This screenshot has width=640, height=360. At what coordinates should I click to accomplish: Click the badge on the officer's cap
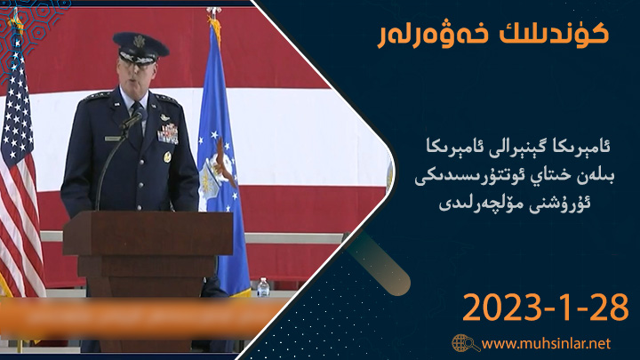click(140, 42)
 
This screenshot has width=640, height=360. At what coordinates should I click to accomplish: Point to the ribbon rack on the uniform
click(168, 134)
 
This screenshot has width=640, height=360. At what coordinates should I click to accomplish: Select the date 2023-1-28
click(545, 308)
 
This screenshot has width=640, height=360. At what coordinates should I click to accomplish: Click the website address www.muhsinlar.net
click(546, 343)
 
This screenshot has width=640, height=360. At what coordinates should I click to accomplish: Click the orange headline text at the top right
click(493, 35)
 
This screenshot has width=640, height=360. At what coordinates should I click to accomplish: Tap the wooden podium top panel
click(148, 234)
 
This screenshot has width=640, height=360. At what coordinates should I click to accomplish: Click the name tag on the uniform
click(113, 139)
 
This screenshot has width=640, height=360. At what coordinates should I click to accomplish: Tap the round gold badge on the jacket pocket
click(167, 156)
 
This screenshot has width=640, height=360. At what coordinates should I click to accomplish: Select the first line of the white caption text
click(517, 146)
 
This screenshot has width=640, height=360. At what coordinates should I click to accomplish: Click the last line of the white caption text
click(515, 203)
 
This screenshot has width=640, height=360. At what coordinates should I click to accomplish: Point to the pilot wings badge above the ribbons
click(165, 117)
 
